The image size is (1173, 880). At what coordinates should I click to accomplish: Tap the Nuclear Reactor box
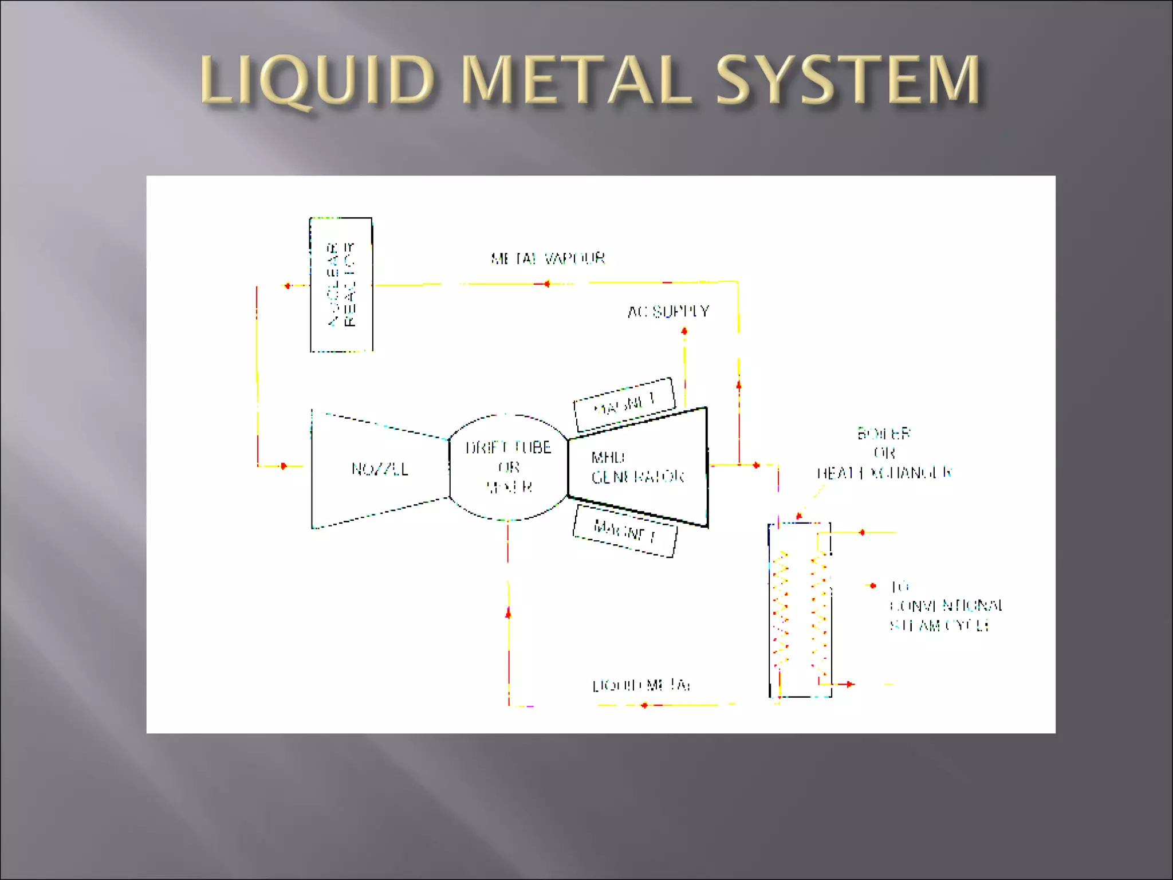tap(341, 285)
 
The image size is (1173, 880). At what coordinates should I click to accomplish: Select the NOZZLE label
tap(380, 469)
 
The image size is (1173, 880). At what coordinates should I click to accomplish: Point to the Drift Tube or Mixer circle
tap(508, 467)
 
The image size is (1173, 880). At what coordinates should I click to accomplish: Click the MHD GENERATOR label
tap(637, 467)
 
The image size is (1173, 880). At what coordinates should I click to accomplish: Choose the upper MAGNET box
tap(624, 404)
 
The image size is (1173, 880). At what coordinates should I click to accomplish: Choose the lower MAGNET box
tap(625, 531)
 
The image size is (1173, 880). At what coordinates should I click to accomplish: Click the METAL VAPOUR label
tap(548, 258)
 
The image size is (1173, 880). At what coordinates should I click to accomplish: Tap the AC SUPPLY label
tap(668, 312)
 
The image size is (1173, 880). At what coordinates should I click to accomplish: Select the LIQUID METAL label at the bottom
tap(641, 685)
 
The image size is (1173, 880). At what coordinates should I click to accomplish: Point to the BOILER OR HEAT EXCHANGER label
tap(884, 453)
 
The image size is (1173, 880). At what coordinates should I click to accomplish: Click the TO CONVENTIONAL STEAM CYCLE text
tap(945, 606)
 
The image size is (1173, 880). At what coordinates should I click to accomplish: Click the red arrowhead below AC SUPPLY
tap(684, 331)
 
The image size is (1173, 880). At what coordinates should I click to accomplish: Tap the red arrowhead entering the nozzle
tap(284, 466)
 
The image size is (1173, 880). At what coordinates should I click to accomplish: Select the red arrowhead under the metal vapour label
tap(546, 284)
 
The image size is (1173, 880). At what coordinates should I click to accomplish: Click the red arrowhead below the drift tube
tap(508, 613)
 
